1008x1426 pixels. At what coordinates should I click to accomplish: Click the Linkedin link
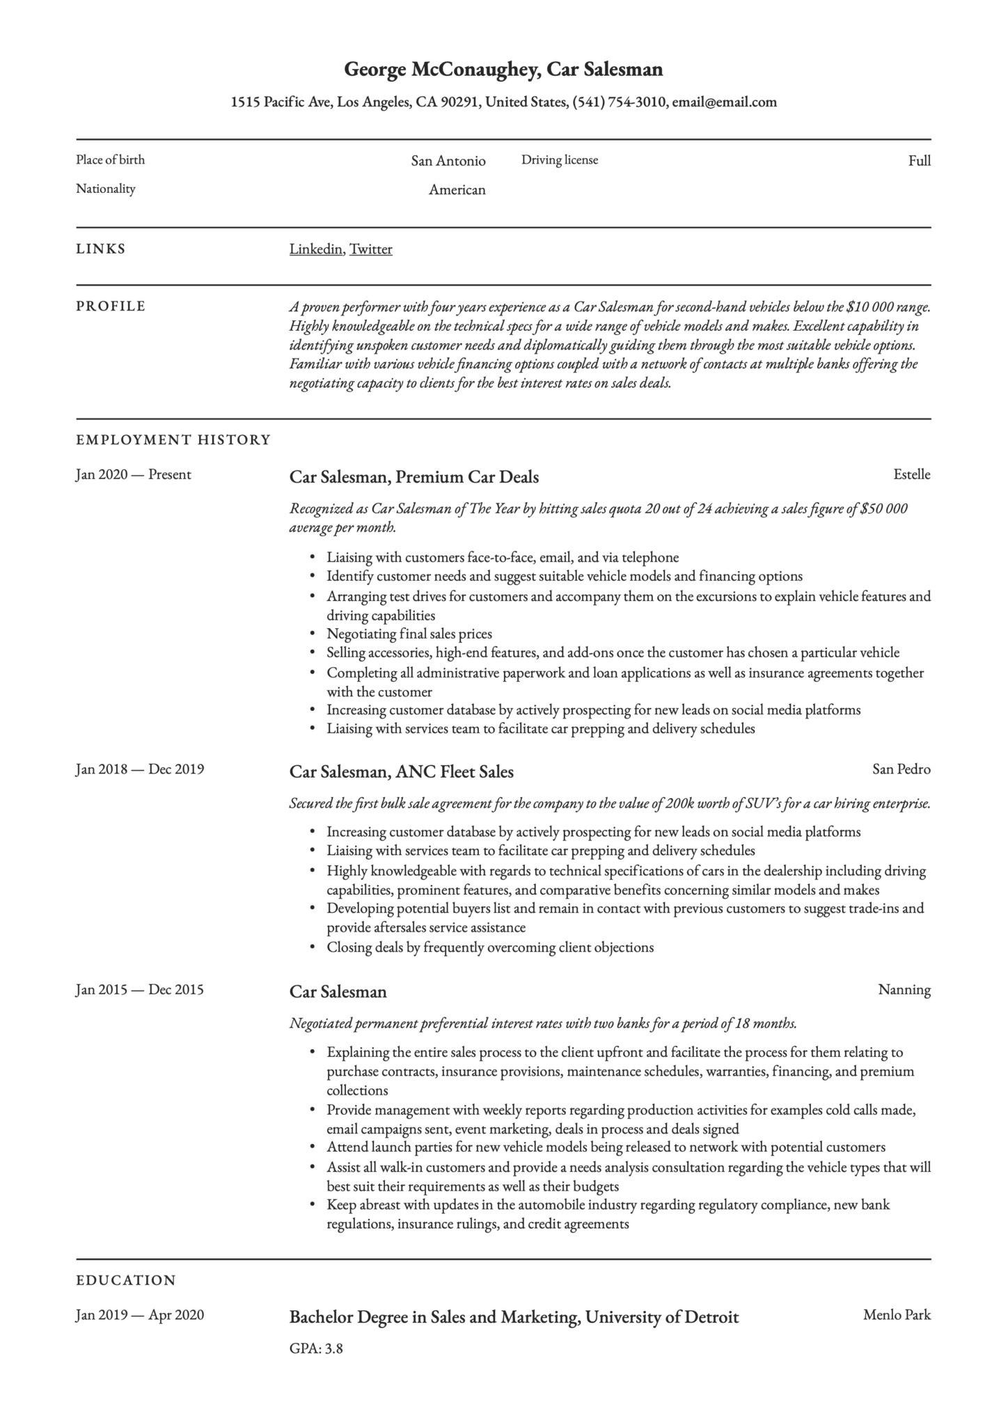(x=315, y=249)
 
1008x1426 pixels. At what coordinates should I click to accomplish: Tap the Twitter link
(x=370, y=249)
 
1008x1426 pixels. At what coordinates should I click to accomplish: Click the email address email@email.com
(x=724, y=102)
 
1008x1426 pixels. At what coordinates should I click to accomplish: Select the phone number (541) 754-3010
(x=619, y=102)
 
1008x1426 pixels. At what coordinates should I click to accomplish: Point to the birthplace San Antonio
(x=448, y=161)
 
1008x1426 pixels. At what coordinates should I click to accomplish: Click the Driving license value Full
(x=919, y=161)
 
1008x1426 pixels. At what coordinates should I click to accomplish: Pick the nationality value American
(x=457, y=189)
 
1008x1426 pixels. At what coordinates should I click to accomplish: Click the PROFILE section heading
(x=111, y=306)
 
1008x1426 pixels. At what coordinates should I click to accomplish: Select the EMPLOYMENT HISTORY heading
(x=173, y=440)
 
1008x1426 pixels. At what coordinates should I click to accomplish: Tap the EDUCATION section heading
(x=126, y=1280)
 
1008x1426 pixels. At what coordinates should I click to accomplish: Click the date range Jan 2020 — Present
(x=133, y=475)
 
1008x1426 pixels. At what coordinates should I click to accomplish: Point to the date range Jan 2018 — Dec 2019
(x=139, y=769)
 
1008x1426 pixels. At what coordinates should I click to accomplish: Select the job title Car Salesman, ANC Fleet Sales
(x=401, y=771)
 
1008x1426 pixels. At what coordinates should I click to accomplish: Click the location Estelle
(x=911, y=475)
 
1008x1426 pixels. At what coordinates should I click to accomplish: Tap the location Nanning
(x=904, y=989)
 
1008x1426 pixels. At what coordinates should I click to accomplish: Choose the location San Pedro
(x=901, y=769)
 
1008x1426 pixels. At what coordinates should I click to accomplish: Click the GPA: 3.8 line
(x=316, y=1349)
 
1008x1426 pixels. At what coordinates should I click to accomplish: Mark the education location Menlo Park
(x=897, y=1315)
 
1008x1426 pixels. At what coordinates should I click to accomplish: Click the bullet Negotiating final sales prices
(x=409, y=634)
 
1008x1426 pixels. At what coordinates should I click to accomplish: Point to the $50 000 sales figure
(x=883, y=508)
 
